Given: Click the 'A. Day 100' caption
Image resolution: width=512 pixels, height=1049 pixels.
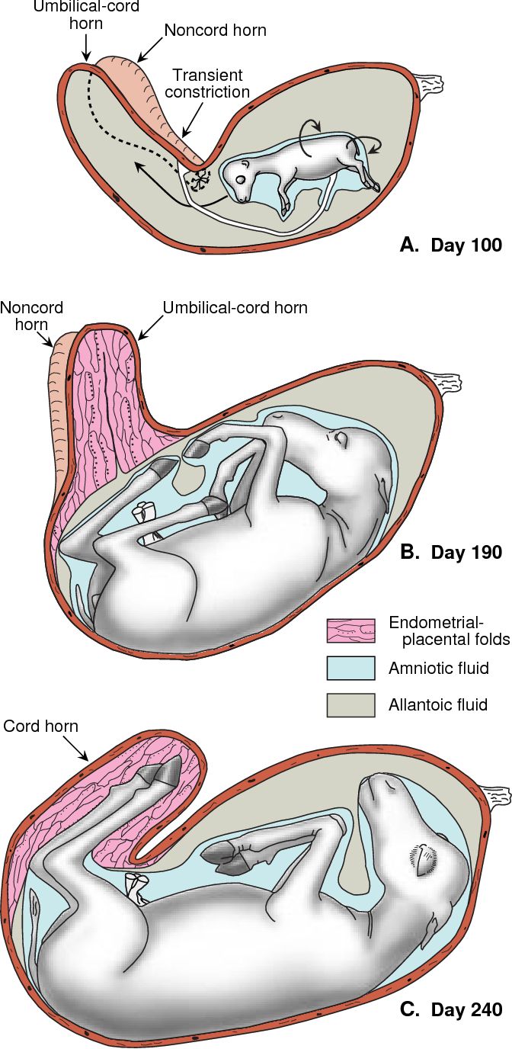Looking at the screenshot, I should click(x=451, y=245).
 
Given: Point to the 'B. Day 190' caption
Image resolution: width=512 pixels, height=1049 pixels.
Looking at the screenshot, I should click(x=451, y=552).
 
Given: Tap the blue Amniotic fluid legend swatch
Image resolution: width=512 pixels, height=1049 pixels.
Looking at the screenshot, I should click(x=351, y=668).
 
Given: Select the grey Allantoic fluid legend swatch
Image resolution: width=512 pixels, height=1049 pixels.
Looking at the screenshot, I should click(x=351, y=705).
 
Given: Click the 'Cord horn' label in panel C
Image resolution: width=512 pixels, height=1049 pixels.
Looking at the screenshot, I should click(x=41, y=726).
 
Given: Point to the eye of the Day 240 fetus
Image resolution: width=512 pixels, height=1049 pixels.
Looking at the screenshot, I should click(x=425, y=858).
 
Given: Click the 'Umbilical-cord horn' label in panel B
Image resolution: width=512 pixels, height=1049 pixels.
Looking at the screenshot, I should click(x=235, y=308).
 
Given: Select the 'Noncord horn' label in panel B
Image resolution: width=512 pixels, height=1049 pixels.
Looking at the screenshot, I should click(x=31, y=316).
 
